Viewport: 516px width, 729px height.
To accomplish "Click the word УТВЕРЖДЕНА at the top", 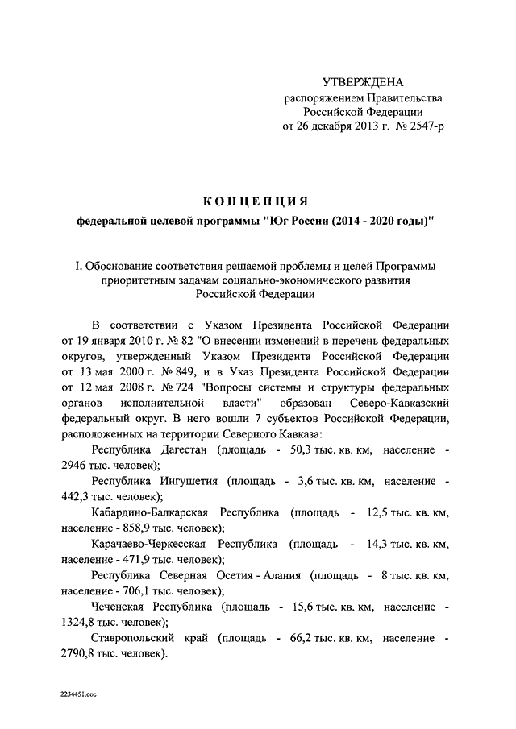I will [362, 82].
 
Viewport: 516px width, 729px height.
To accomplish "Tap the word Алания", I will [284, 575].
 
